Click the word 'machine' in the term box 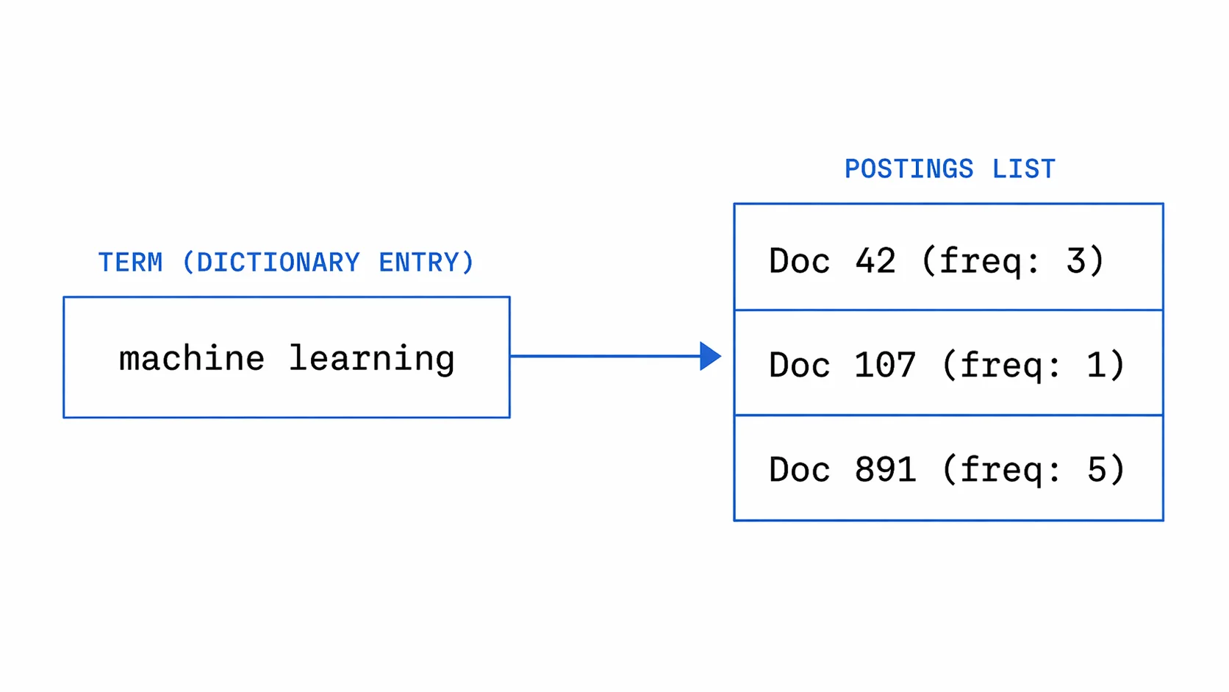coord(192,359)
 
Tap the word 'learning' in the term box coord(371,359)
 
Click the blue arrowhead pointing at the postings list coord(709,357)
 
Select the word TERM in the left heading coord(131,263)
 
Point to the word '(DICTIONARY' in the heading coord(270,263)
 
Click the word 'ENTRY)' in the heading coord(426,263)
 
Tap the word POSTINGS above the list coord(909,169)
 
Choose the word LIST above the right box coord(1023,169)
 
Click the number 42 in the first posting coord(875,261)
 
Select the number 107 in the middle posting coord(885,365)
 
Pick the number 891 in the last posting coord(885,470)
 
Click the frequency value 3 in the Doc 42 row coord(1076,261)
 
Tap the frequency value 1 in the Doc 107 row coord(1097,365)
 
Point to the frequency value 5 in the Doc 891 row coord(1097,470)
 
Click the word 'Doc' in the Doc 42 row coord(800,261)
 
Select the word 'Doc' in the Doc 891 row coord(800,470)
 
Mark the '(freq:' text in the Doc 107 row coord(1001,365)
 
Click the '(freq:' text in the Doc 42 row coord(981,261)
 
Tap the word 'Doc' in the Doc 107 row coord(800,365)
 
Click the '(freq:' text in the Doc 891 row coord(1001,470)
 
